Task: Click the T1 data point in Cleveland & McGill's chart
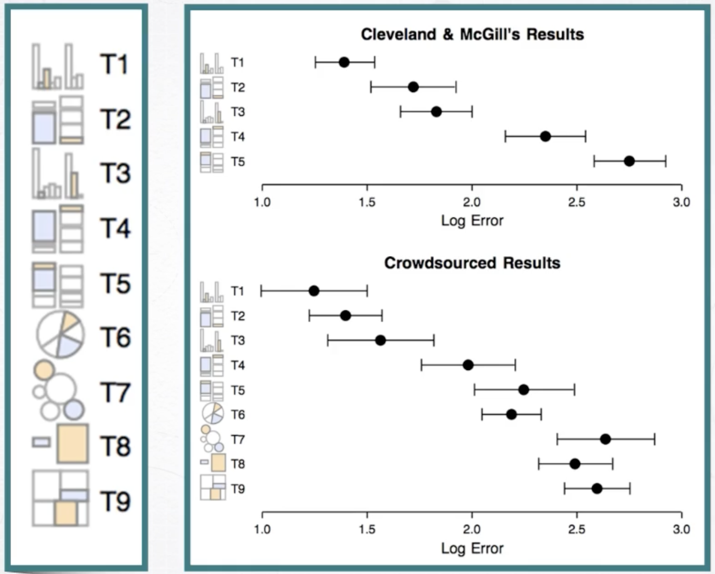point(344,62)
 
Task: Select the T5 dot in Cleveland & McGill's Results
point(629,161)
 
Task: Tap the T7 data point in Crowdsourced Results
point(605,439)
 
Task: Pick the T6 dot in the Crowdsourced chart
point(511,415)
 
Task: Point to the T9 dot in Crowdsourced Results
point(597,489)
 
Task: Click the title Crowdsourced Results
point(472,263)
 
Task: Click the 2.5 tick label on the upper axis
point(577,202)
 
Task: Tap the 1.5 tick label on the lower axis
point(367,529)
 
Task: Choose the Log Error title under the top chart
point(472,221)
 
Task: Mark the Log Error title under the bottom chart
point(472,548)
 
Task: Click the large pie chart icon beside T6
point(60,334)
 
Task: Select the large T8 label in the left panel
point(115,446)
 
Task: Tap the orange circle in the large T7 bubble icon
point(44,369)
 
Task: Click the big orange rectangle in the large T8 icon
point(73,443)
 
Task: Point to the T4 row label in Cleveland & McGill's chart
point(238,137)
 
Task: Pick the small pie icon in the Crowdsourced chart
point(212,413)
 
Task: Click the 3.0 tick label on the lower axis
point(681,529)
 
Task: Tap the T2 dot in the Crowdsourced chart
point(346,316)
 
